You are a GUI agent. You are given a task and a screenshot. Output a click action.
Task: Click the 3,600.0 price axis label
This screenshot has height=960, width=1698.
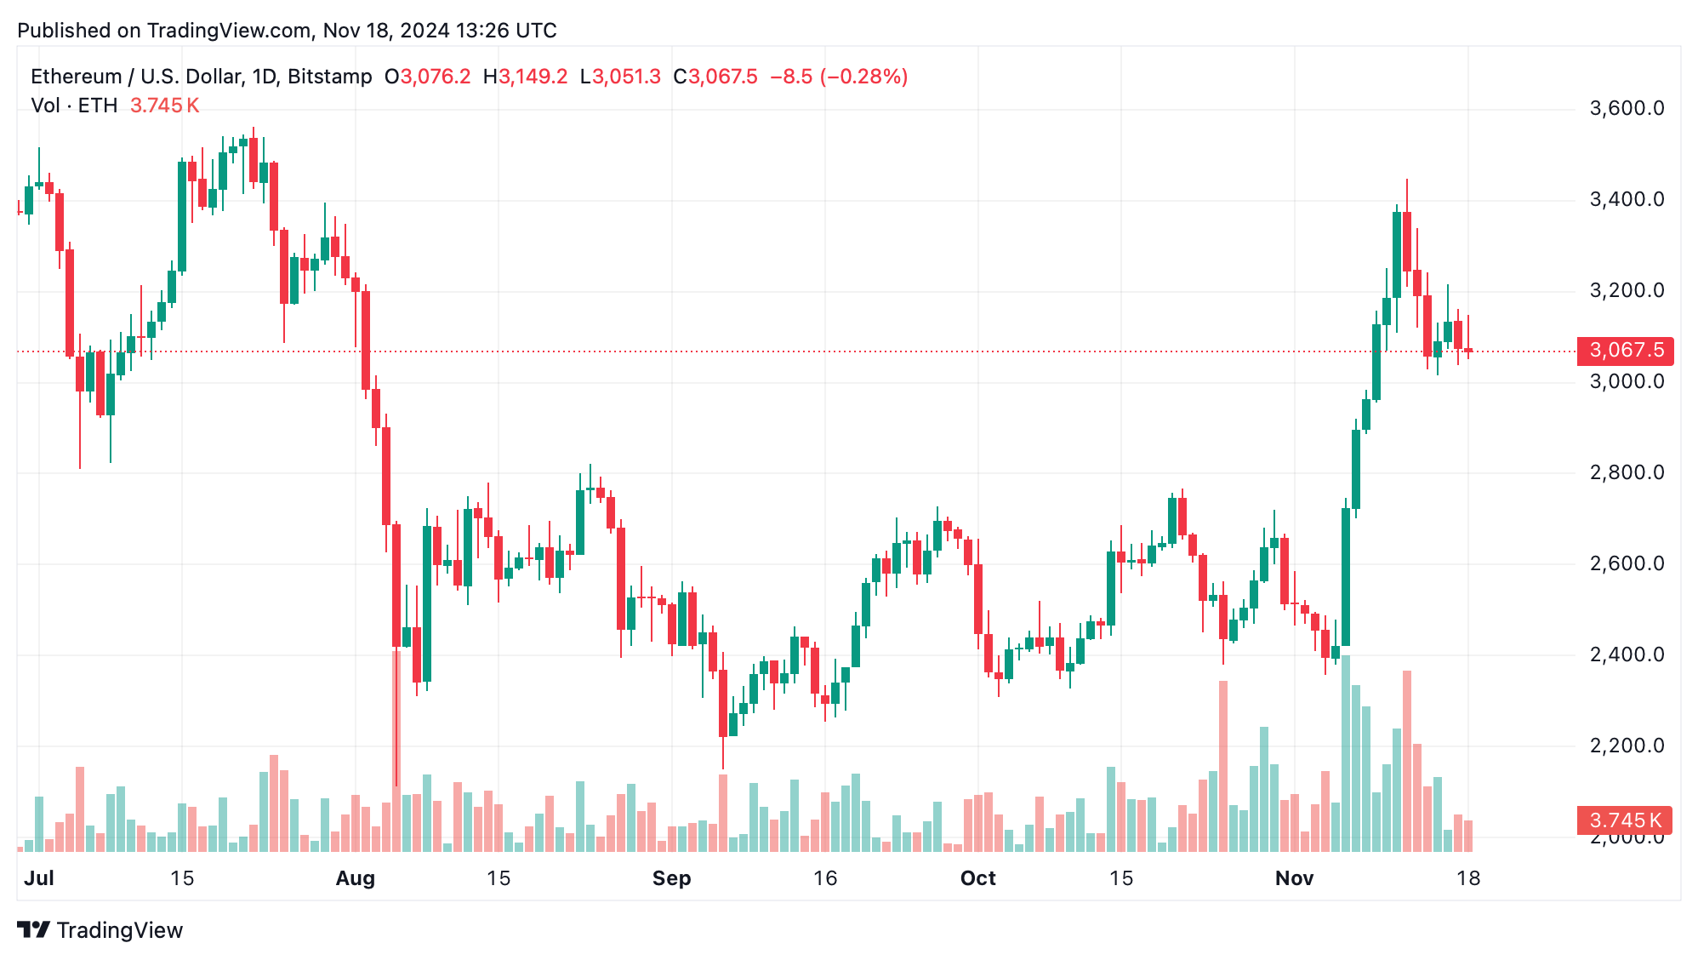1626,109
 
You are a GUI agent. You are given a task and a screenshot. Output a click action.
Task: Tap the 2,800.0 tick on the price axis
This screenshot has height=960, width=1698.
1626,472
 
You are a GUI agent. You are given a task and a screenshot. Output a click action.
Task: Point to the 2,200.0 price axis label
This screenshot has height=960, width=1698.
1626,746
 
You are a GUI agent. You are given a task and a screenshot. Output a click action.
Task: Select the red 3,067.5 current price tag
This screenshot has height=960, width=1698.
1626,351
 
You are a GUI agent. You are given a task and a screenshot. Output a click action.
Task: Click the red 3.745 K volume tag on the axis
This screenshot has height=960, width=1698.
1624,820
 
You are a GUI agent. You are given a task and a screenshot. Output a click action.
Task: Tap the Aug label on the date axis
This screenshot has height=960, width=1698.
355,878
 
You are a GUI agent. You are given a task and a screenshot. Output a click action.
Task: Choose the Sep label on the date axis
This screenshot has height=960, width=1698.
671,878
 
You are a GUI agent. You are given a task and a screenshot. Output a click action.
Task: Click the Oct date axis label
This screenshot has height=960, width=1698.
977,878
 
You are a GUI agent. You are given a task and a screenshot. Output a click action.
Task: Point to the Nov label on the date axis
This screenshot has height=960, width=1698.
1294,878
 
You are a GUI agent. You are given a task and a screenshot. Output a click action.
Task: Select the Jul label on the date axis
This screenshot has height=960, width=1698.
39,878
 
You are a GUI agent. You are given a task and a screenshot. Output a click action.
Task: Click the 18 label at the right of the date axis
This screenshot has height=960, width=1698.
1467,878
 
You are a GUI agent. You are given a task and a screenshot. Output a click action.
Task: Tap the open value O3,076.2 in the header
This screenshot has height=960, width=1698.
427,77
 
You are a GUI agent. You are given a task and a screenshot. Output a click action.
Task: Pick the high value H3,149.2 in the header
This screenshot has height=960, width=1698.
525,77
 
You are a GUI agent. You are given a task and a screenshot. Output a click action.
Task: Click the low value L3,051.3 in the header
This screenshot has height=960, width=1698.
620,77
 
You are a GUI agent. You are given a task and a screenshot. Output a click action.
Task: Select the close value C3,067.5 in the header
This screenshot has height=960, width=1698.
715,77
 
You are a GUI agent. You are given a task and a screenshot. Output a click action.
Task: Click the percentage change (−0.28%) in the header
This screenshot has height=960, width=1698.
863,77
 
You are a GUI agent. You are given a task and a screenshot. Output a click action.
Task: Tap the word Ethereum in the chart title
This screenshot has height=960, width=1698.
76,77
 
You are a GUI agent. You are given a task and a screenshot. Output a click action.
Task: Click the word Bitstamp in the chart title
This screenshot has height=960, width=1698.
329,77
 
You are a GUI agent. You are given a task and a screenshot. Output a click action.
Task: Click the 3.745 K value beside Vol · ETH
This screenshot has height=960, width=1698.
164,106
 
